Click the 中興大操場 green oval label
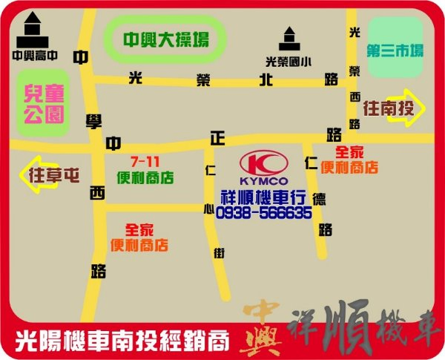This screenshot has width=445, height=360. click(x=165, y=39)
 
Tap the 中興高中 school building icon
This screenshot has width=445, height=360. click(x=30, y=31)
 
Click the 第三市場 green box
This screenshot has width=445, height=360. click(x=395, y=51)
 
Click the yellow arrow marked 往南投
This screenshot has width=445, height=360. click(x=394, y=109)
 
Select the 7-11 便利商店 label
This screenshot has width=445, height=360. click(x=145, y=170)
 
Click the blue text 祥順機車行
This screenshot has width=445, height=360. click(x=264, y=197)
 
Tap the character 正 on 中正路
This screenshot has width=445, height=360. click(x=217, y=139)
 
